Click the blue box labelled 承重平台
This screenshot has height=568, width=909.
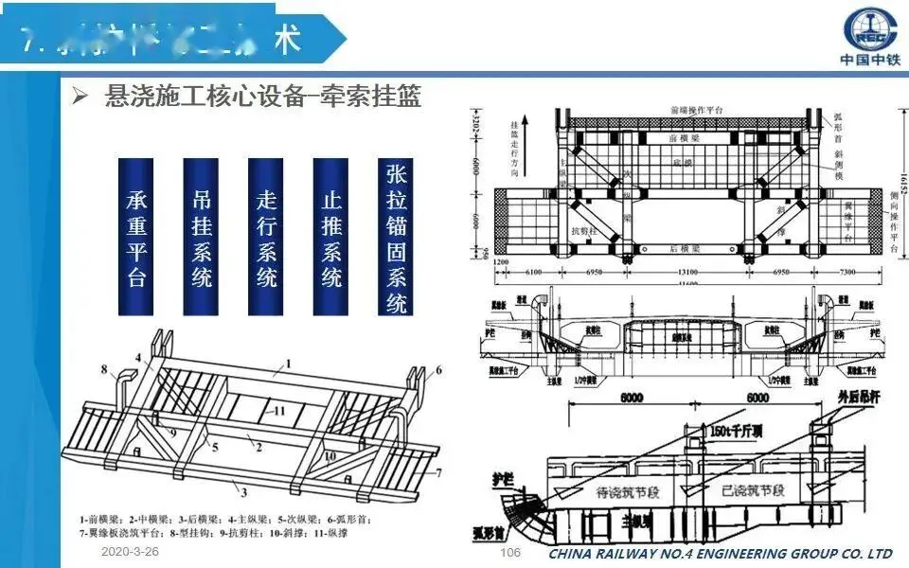(x=136, y=237)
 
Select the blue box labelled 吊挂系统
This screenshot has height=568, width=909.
(x=202, y=237)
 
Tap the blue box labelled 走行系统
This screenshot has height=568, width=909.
(x=266, y=237)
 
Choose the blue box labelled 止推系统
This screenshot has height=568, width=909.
(x=330, y=237)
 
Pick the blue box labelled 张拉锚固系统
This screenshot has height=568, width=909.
(x=396, y=237)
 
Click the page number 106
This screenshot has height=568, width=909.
(x=510, y=552)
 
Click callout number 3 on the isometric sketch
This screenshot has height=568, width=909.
(x=243, y=492)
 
